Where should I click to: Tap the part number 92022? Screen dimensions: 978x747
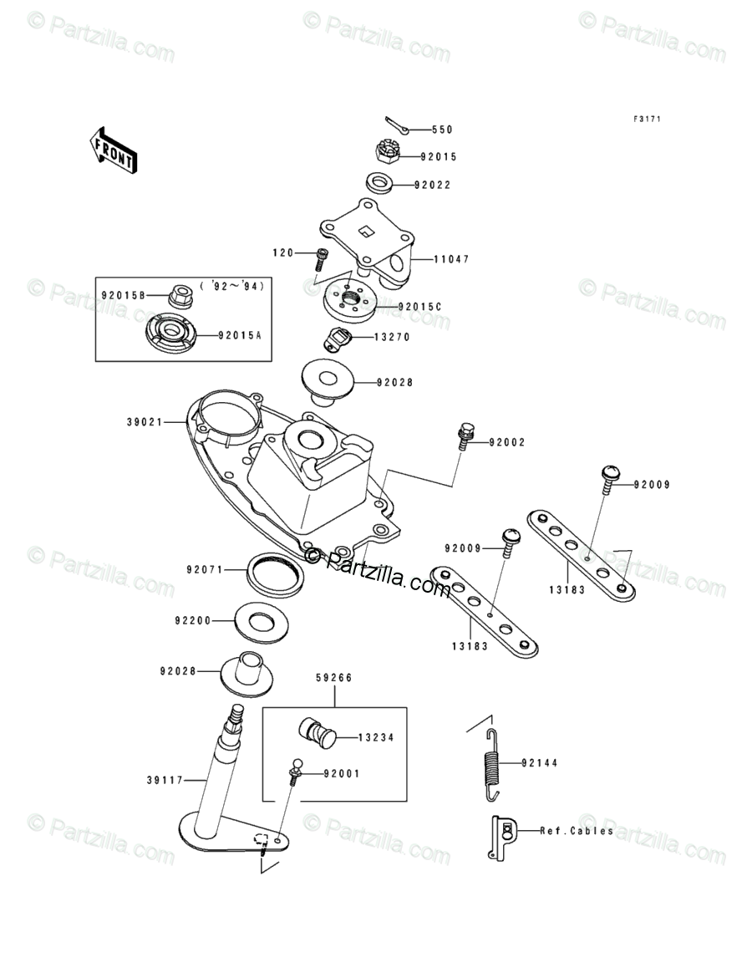pyautogui.click(x=434, y=185)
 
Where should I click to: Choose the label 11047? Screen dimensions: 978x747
pyautogui.click(x=451, y=259)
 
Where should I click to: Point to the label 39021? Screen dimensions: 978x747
pyautogui.click(x=145, y=423)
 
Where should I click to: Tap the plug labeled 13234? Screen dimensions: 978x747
pyautogui.click(x=316, y=732)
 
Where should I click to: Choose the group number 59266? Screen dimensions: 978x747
pyautogui.click(x=333, y=678)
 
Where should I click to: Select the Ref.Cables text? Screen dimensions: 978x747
pyautogui.click(x=577, y=831)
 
